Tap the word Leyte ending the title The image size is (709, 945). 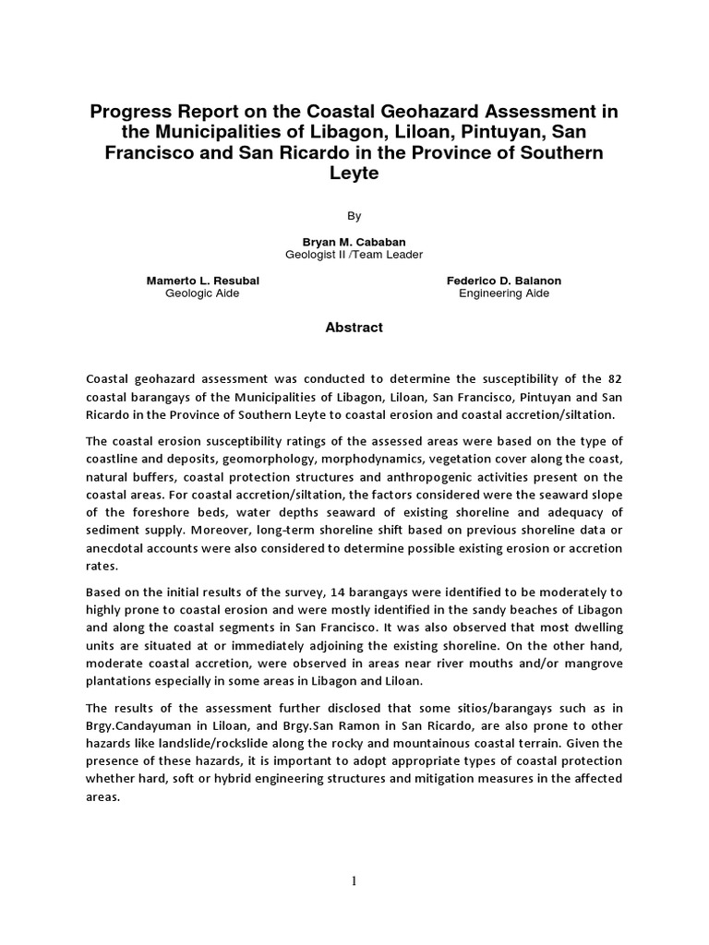click(354, 173)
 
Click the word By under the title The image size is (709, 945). click(354, 216)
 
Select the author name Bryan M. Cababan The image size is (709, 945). click(354, 242)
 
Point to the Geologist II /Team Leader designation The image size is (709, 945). click(354, 255)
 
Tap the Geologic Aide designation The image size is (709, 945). click(202, 293)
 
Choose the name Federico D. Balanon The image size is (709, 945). click(504, 281)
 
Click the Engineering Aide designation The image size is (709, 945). click(504, 293)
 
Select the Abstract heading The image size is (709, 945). click(354, 328)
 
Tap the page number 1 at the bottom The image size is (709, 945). click(354, 881)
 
